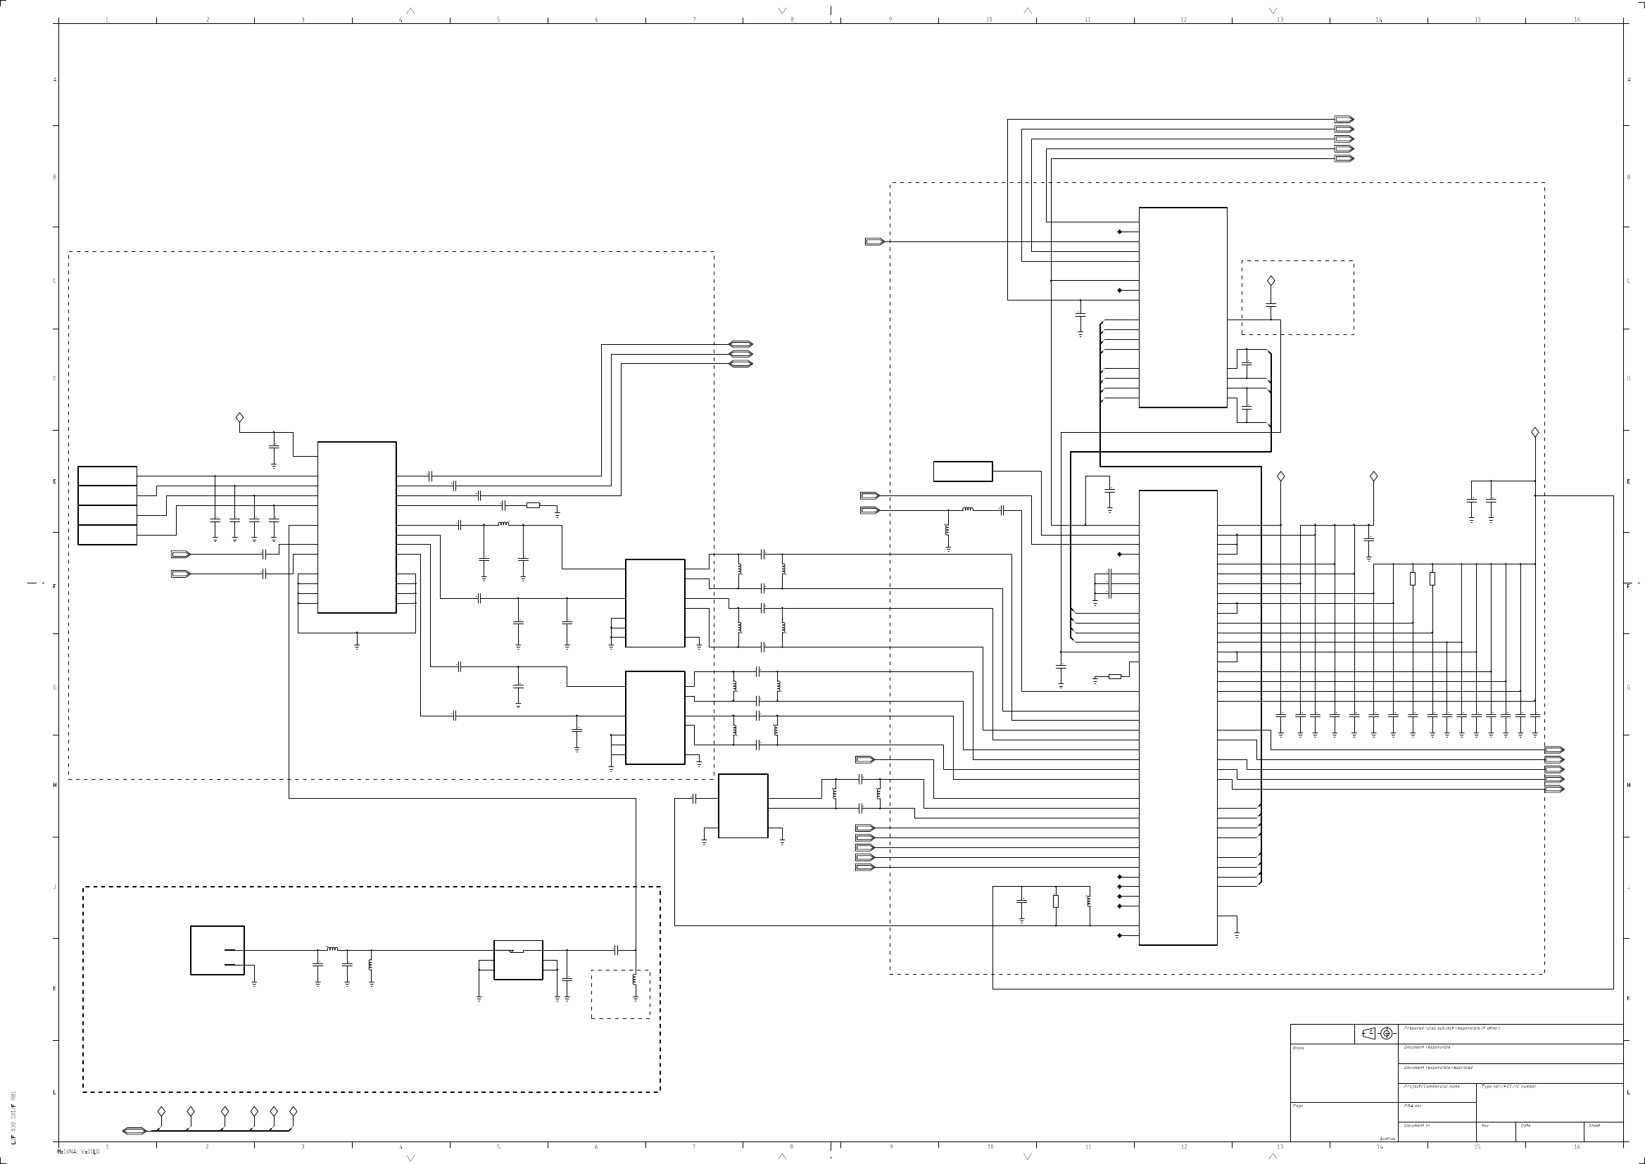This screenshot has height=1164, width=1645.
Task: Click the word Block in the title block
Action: click(1298, 1049)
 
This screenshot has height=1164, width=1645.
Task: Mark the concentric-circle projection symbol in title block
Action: click(1386, 1034)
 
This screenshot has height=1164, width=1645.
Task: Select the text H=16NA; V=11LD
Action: click(78, 1152)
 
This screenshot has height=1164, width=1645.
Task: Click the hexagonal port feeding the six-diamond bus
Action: click(134, 1131)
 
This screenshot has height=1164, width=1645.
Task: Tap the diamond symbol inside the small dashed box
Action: click(1271, 281)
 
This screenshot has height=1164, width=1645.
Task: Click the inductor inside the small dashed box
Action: click(635, 980)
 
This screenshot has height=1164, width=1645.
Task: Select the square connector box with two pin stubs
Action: click(218, 950)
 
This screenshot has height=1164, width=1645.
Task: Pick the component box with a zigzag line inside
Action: click(518, 960)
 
